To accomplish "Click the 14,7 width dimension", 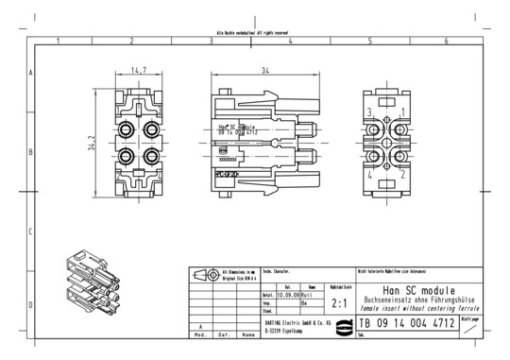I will point(139,70).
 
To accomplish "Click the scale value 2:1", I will point(341,304).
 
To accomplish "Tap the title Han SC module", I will point(419,289).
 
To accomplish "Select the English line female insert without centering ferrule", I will point(419,309).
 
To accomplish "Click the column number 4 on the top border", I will point(290,42).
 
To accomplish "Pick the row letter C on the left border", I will point(31,231).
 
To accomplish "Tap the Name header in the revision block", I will point(247,334).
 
